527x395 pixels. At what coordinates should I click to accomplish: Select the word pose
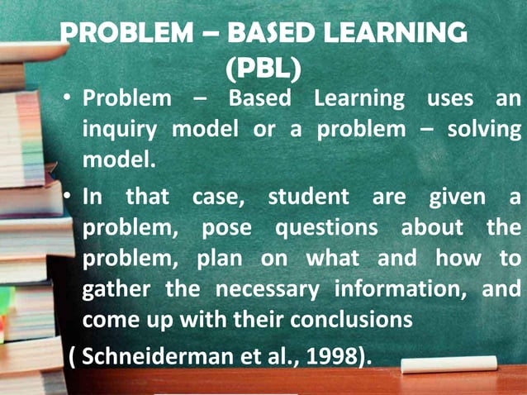(226, 228)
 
